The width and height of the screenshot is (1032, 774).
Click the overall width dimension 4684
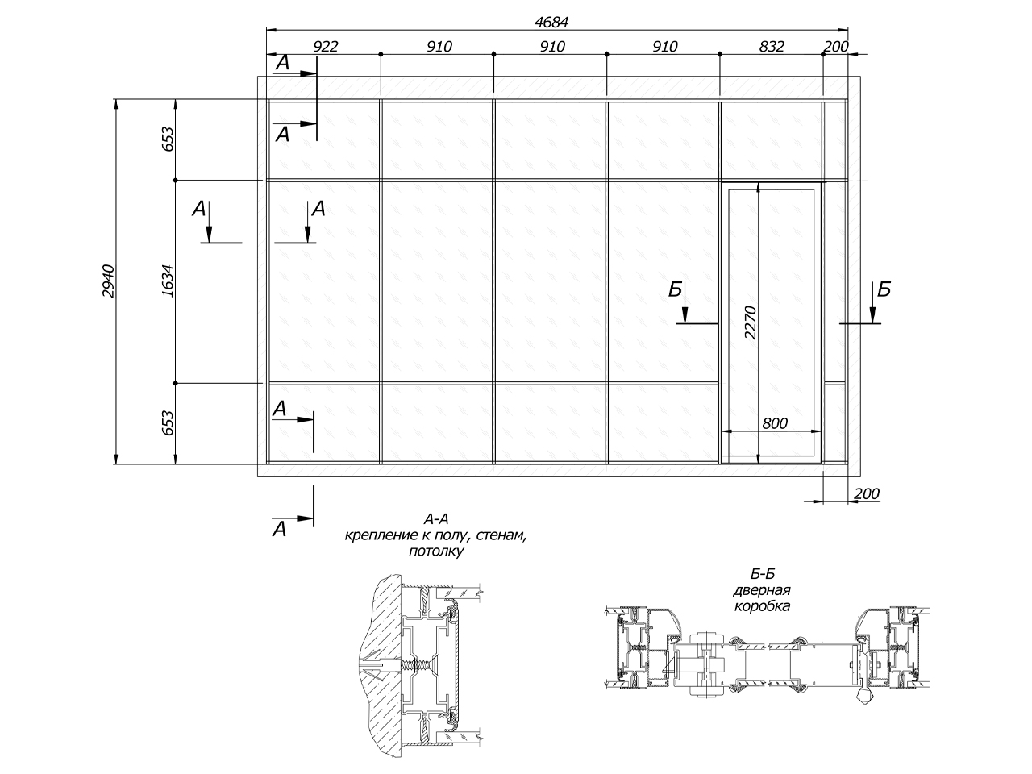551,22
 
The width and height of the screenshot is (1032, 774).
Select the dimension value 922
326,47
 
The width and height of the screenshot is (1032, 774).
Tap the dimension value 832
772,47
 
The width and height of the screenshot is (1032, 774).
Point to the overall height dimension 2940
108,281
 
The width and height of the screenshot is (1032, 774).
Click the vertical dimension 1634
168,281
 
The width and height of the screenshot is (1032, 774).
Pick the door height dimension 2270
751,322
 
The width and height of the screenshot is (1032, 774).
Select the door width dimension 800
774,423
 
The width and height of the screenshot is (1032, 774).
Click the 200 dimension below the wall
867,493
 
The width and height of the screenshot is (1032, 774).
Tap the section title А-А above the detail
436,519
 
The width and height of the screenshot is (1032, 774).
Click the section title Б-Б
762,574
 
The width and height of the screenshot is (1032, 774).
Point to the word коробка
762,606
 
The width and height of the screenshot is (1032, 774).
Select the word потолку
436,551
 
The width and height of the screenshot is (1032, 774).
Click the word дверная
762,590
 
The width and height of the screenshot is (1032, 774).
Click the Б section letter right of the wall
884,289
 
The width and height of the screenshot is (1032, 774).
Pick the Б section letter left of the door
675,289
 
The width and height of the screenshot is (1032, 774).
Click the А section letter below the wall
279,530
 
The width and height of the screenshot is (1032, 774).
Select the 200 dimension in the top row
836,47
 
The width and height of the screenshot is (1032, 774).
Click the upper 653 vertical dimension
168,139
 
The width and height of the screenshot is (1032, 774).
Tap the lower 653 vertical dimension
168,423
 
